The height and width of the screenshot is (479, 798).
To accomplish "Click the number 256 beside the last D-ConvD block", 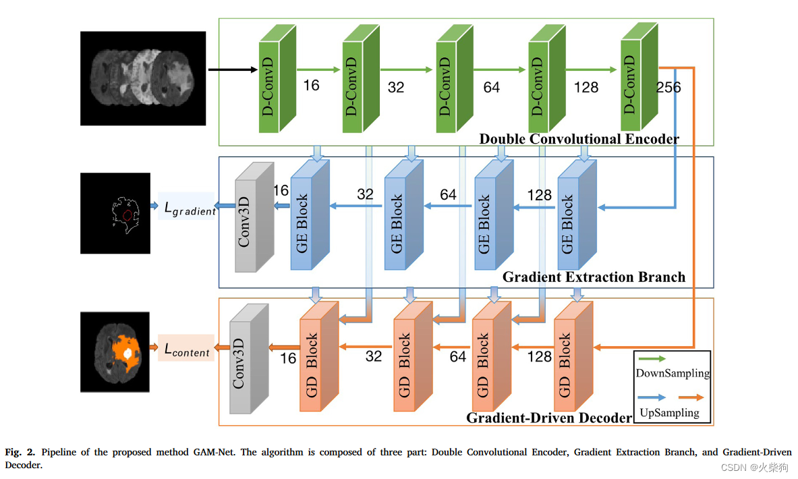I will (668, 88).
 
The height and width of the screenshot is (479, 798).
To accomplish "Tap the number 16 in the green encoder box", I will (311, 86).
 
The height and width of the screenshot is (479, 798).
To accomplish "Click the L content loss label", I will (187, 349).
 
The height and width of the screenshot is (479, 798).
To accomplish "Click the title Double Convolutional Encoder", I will (579, 139).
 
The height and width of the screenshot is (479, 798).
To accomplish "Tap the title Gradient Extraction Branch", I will (594, 277).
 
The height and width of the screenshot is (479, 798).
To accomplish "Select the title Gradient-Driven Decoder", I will (549, 418).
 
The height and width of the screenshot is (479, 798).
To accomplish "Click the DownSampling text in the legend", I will (673, 373).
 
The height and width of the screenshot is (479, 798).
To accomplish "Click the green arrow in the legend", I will (651, 360).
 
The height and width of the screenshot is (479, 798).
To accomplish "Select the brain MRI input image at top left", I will (142, 78).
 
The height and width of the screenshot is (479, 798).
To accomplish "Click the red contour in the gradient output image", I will (128, 215).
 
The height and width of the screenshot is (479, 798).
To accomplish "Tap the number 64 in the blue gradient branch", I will (448, 195).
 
